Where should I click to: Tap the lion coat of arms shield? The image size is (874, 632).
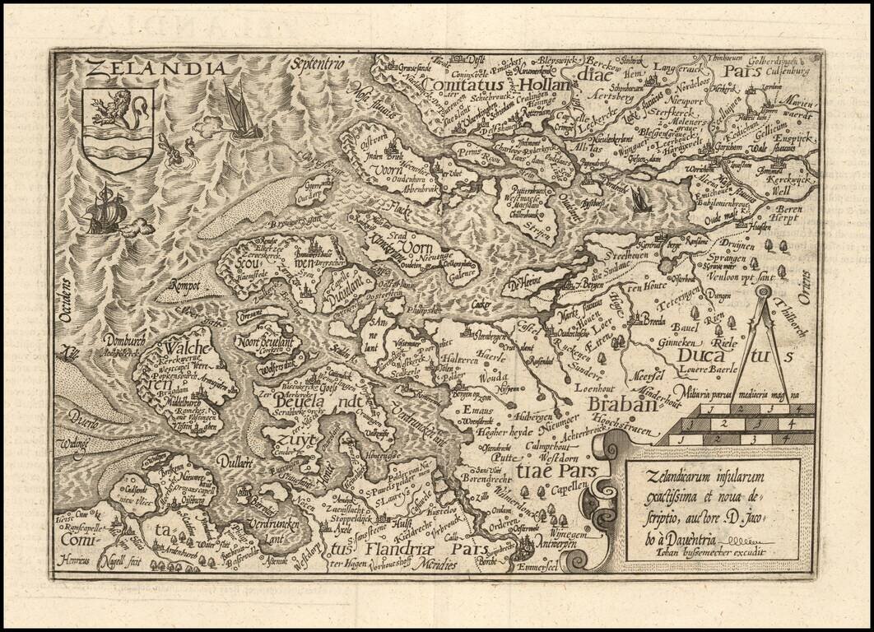(118, 130)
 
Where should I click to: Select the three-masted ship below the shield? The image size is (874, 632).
(105, 210)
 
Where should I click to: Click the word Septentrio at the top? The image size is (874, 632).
(318, 63)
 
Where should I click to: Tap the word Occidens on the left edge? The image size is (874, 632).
(65, 300)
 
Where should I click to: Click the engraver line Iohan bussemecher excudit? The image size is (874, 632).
(705, 551)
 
